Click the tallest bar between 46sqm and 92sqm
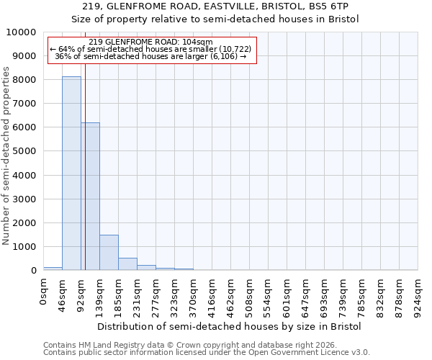71,173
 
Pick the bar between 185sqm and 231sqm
127,264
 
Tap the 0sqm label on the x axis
44,291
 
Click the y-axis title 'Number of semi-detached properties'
6,156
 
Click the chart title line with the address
215,6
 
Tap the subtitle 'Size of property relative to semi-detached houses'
215,19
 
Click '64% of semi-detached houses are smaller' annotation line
150,49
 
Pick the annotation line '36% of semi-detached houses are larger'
150,56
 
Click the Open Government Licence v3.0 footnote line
207,353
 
